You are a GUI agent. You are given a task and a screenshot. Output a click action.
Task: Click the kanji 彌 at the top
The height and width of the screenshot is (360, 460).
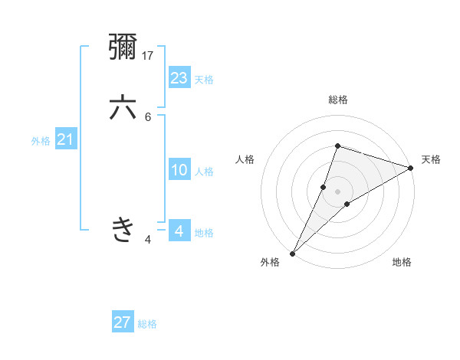(x=123, y=47)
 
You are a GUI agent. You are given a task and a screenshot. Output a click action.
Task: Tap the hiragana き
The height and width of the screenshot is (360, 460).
(x=123, y=229)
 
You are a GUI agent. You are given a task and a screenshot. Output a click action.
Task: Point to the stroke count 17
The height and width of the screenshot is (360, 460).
(x=149, y=55)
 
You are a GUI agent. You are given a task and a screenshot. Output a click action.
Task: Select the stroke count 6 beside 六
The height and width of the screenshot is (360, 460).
(x=148, y=116)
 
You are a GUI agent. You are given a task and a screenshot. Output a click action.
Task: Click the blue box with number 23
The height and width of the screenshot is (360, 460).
(x=179, y=77)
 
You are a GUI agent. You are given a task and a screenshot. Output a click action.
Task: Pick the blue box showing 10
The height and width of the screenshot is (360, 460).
(x=179, y=170)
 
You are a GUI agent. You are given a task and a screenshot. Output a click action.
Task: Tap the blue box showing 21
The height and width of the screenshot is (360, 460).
(x=65, y=139)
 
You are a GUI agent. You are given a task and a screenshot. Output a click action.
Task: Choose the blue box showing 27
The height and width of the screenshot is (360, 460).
(x=123, y=322)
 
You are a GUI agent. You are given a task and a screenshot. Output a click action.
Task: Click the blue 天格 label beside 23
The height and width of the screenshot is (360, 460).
(x=203, y=80)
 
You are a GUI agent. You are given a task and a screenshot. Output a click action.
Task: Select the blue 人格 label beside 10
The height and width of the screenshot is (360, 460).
(x=204, y=172)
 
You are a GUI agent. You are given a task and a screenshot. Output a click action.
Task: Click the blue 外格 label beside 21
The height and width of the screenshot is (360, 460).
(x=41, y=141)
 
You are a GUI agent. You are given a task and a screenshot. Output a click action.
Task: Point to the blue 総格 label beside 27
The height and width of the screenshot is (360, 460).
(x=147, y=324)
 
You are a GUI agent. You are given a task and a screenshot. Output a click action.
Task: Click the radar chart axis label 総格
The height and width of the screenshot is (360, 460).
(x=337, y=100)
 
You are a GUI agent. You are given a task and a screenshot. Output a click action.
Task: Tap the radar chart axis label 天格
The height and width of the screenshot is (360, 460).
(x=431, y=159)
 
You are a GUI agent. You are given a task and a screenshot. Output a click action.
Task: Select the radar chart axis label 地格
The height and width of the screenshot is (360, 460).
(x=402, y=262)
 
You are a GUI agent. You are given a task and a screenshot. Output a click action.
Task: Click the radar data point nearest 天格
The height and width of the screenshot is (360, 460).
(x=411, y=168)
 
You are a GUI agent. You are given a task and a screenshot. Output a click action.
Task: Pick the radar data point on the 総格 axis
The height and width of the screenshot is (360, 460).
(x=337, y=146)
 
